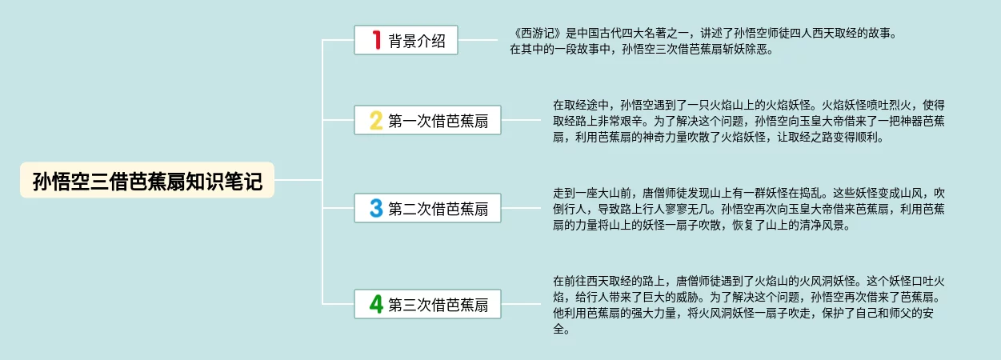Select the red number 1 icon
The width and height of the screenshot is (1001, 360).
click(x=377, y=40)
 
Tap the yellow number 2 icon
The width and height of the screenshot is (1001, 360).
click(x=376, y=121)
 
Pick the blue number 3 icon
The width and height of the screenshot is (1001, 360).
click(x=376, y=209)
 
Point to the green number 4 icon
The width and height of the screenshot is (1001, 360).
click(x=376, y=304)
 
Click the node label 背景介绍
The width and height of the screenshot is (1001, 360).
click(x=417, y=40)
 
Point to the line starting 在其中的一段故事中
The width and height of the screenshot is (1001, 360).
click(x=640, y=49)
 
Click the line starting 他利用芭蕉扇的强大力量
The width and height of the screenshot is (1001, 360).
click(x=744, y=313)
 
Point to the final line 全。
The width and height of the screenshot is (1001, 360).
click(x=560, y=329)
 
